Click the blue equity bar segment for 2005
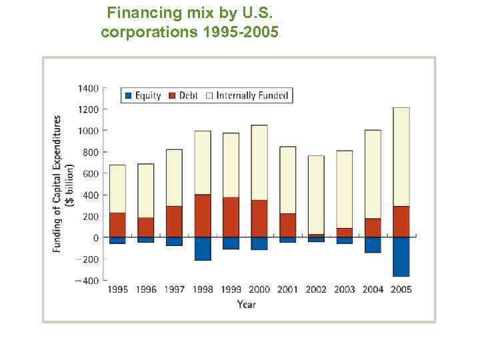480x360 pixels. point(401,257)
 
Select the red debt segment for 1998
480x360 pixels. point(203,216)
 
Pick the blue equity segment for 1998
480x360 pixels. point(203,249)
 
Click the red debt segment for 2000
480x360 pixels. point(259,219)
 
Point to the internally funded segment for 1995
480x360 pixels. point(117,189)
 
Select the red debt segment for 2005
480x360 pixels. point(401,221)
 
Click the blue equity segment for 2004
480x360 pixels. point(373,245)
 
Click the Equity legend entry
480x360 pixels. point(143,95)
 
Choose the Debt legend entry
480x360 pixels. point(183,95)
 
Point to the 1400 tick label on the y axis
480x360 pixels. point(87,88)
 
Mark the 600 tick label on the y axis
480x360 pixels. point(90,173)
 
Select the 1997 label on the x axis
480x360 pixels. point(174,289)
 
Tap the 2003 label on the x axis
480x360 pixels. point(344,289)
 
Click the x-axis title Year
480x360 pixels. point(246,305)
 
